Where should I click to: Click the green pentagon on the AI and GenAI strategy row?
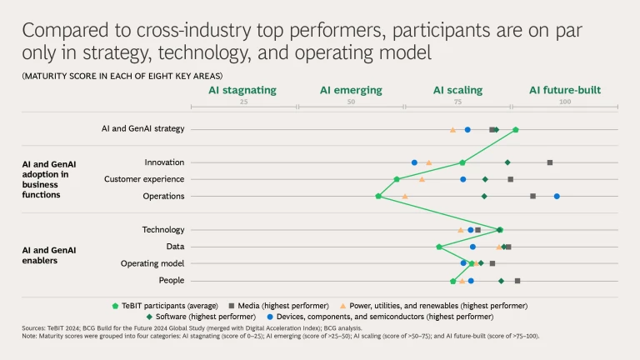tap(516, 130)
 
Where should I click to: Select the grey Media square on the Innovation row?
tap(550, 162)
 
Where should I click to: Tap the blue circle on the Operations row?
tap(557, 197)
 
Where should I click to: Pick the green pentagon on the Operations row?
tap(378, 197)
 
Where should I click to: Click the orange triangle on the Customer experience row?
tap(422, 179)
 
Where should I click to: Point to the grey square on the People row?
tap(517, 281)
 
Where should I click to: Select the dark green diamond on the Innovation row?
tap(507, 162)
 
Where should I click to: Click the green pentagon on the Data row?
tap(439, 247)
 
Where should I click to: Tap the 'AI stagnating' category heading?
tap(242, 90)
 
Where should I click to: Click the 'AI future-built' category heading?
tap(565, 90)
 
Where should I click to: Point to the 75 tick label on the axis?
tap(457, 102)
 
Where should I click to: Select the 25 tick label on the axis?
tap(243, 102)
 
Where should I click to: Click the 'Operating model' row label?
tap(152, 263)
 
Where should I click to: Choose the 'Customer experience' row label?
tap(144, 179)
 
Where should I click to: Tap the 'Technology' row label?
tap(163, 229)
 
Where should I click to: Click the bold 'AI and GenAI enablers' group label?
tap(49, 255)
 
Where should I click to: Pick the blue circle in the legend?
tap(272, 317)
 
